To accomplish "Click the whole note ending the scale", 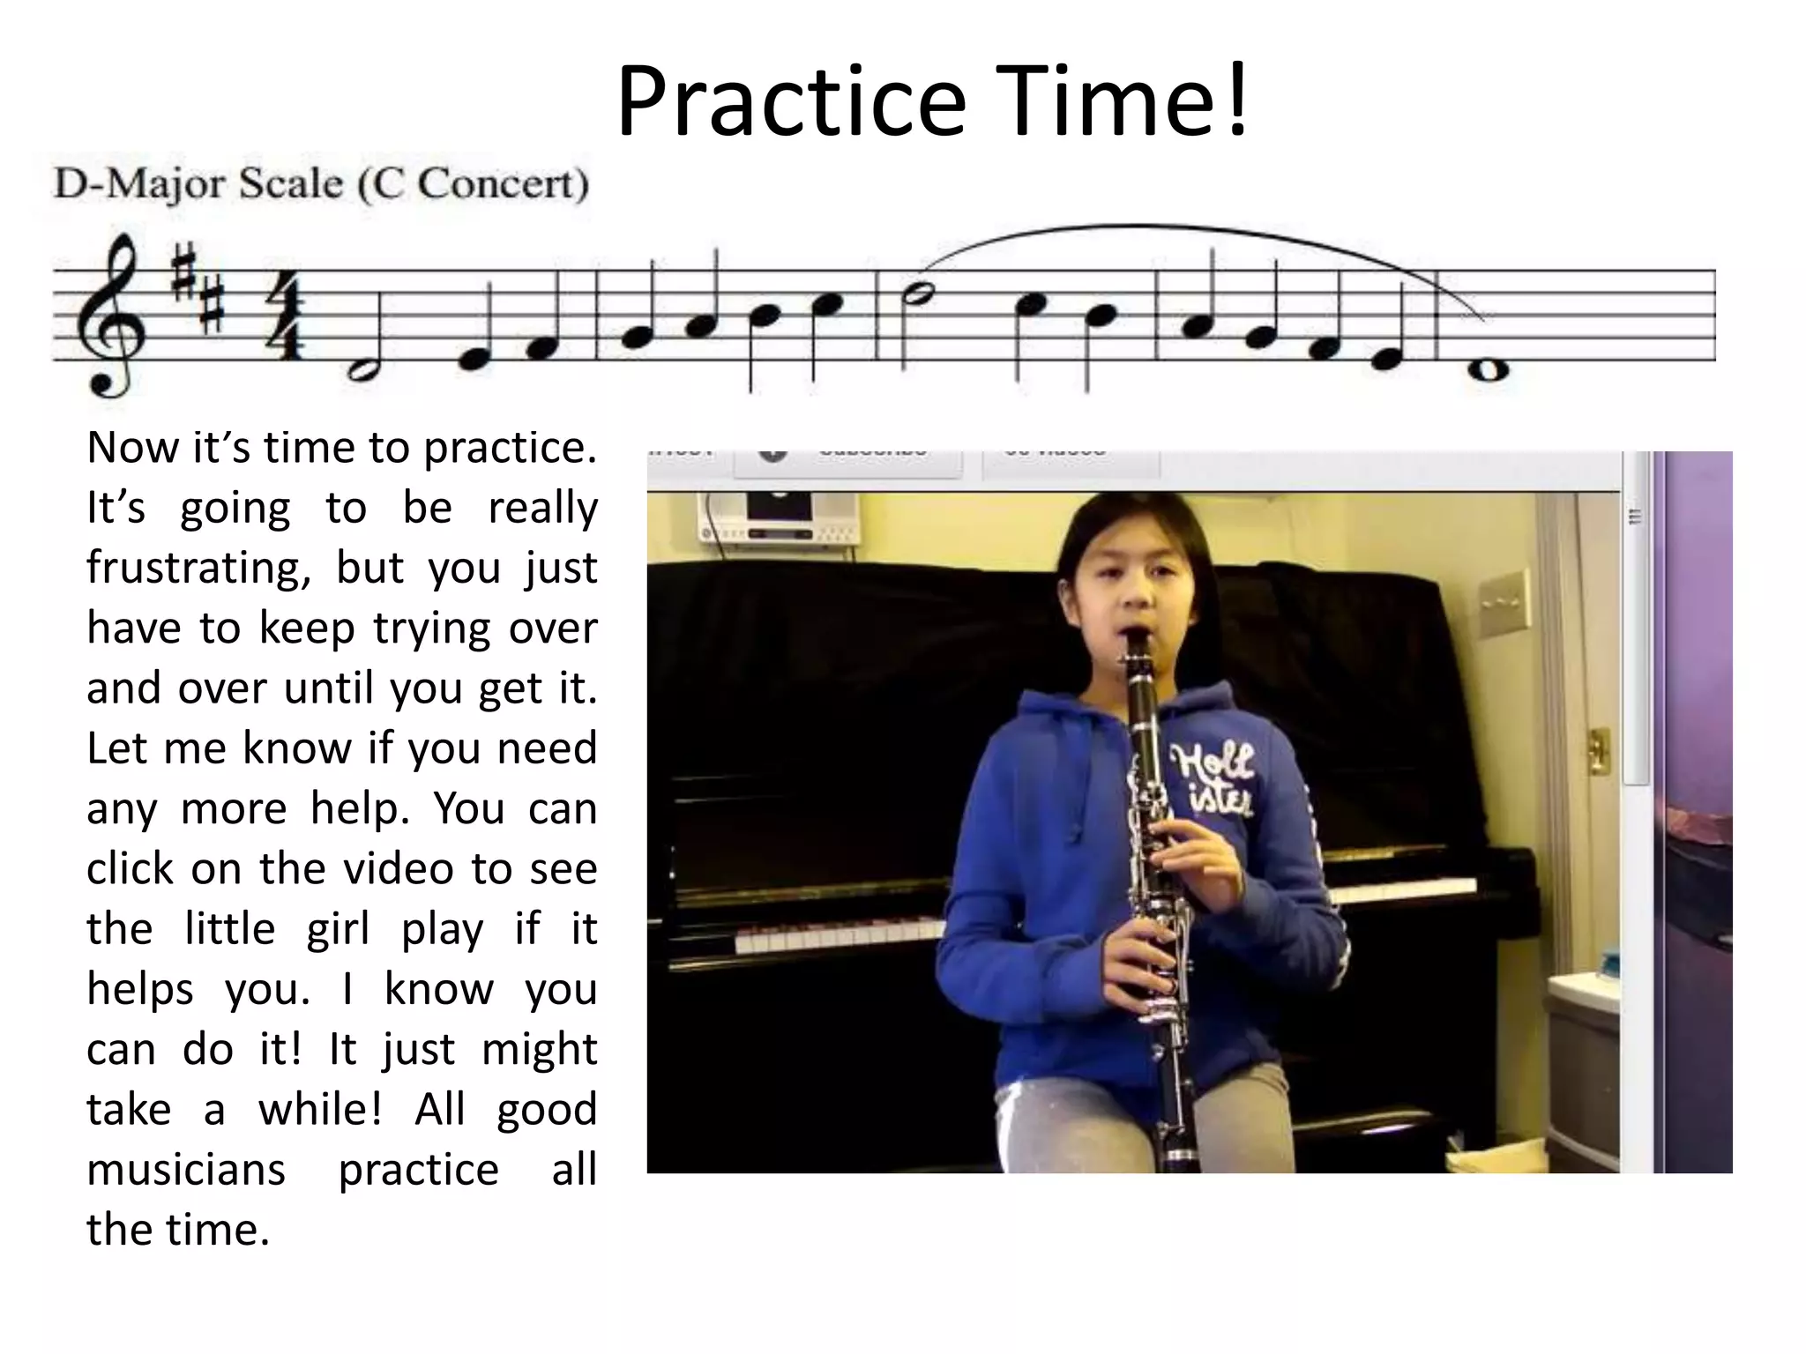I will (1488, 370).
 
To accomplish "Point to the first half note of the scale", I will (363, 370).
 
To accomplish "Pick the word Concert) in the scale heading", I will (503, 185).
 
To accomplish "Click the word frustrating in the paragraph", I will (198, 569).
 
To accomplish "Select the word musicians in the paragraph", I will (186, 1171).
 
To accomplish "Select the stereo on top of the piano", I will (778, 522).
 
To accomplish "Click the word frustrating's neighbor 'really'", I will (542, 509).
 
